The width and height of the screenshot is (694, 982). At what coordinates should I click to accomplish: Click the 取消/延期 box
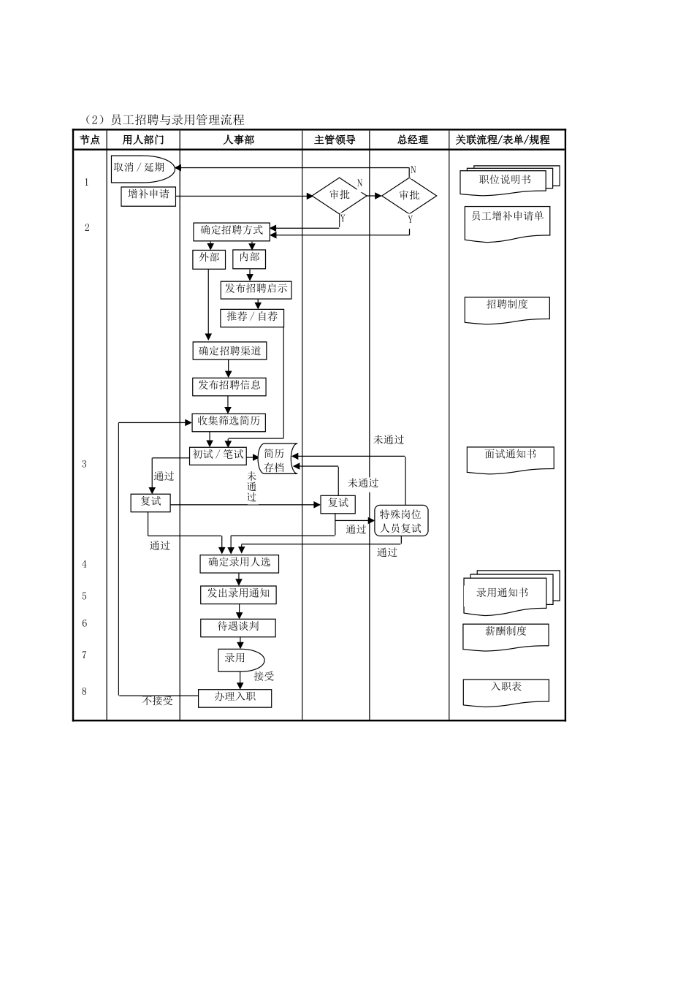[142, 168]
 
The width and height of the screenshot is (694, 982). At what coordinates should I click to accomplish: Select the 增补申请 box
[148, 195]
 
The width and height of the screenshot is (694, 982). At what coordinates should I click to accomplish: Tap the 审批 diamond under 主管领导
[340, 195]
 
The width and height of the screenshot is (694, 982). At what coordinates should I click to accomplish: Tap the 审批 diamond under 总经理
[409, 195]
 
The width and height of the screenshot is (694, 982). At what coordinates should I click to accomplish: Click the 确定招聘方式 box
[232, 231]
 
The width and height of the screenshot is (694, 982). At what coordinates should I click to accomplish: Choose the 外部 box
[209, 259]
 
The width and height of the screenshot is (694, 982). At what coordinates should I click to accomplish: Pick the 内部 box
[249, 259]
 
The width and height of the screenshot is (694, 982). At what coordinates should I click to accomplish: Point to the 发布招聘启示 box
[256, 289]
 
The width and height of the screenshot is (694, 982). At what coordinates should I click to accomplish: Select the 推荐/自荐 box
[252, 317]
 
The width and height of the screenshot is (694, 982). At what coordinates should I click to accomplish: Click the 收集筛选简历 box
[229, 422]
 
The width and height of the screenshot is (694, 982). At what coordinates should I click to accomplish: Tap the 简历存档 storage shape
[275, 460]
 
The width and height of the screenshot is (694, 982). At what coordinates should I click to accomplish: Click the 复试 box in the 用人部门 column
[150, 503]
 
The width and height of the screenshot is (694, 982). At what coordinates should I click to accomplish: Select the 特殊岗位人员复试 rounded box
[401, 520]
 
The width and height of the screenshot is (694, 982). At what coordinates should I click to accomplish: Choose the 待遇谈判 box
[238, 627]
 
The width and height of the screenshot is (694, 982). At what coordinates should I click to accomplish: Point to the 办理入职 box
[235, 698]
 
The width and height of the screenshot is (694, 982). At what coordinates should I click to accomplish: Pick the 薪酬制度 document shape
[506, 633]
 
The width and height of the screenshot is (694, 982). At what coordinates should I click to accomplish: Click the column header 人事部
[239, 140]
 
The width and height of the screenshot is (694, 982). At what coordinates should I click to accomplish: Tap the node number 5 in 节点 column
[85, 596]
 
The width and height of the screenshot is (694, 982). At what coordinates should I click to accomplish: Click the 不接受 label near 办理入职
[158, 701]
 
